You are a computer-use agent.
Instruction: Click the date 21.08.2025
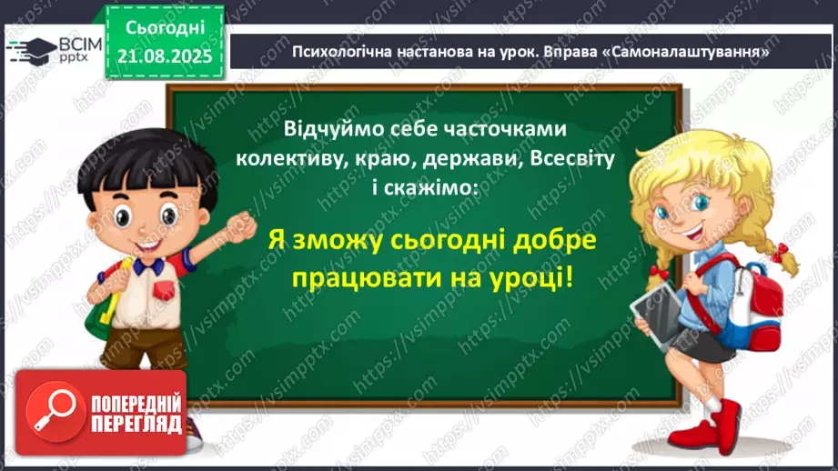[165, 56]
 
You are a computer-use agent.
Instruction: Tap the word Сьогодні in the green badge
[165, 28]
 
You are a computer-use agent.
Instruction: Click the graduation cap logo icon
[31, 51]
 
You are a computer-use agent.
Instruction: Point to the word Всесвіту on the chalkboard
[571, 158]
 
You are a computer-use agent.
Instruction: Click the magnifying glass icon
[56, 412]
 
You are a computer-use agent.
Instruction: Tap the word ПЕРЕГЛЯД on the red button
[136, 425]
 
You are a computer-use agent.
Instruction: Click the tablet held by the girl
[657, 316]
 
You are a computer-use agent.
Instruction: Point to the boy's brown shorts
[143, 347]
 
